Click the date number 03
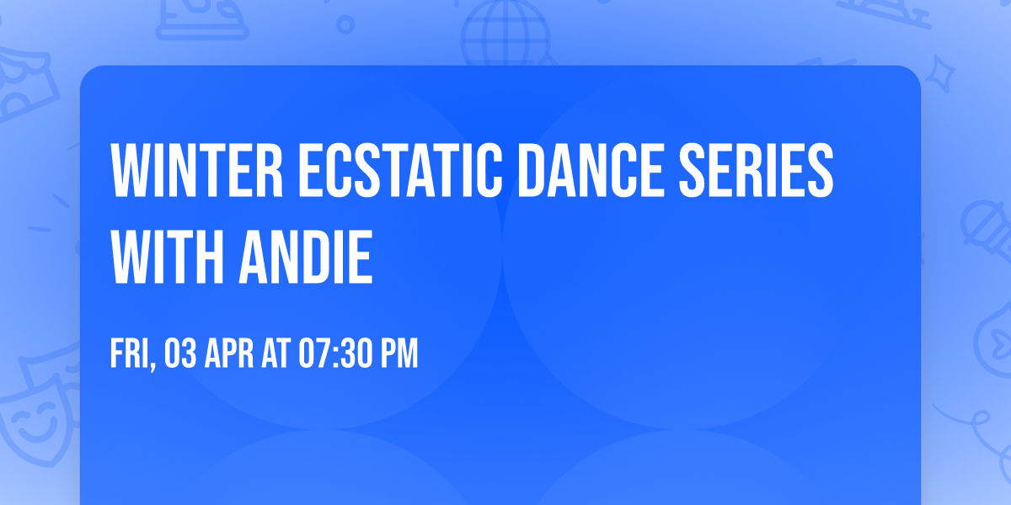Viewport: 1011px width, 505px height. pos(181,353)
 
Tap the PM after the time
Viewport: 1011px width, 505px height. pos(399,353)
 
